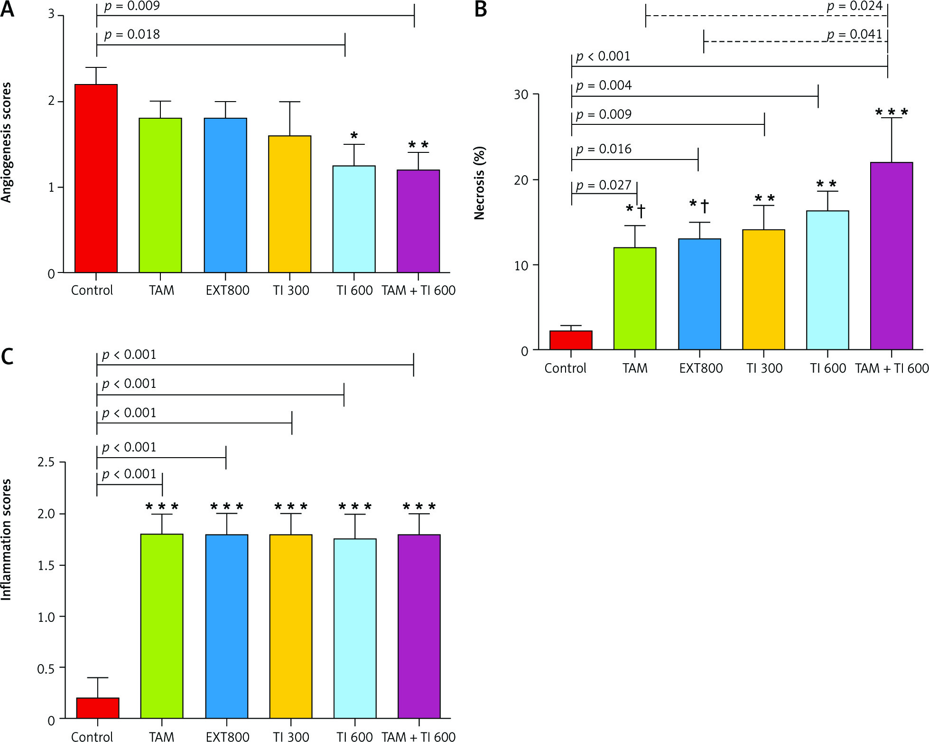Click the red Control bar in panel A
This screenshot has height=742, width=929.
click(96, 178)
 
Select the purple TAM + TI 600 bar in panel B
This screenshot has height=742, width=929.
click(891, 256)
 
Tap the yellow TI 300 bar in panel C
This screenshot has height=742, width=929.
click(290, 626)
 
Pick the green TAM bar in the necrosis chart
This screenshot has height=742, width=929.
click(634, 299)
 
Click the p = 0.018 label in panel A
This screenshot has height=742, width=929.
click(132, 35)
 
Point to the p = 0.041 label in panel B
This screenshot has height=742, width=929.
click(854, 35)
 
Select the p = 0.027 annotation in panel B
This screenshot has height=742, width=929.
click(604, 185)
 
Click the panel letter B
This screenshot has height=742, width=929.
click(481, 9)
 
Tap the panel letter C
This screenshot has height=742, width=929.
click(7, 357)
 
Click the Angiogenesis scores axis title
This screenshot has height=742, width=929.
click(6, 142)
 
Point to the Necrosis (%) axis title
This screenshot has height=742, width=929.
click(480, 183)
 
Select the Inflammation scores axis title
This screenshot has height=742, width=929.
click(6, 539)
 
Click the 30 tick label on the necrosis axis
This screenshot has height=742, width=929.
click(520, 94)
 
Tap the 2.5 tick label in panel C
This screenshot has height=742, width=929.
click(46, 462)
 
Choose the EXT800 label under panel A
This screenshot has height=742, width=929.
click(227, 291)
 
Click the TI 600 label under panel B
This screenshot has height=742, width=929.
click(827, 368)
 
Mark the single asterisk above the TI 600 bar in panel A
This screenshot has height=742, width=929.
click(353, 136)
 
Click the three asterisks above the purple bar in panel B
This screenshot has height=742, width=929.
click(891, 113)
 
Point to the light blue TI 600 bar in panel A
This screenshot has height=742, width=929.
click(353, 219)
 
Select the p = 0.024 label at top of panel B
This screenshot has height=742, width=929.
click(854, 7)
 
